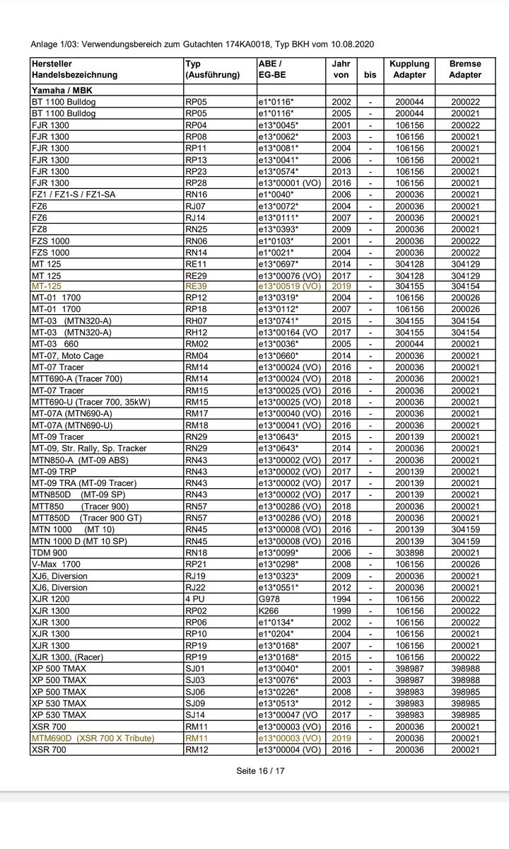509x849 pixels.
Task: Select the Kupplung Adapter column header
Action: (409, 69)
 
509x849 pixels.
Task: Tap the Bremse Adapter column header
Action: (465, 69)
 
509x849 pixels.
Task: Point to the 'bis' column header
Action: (370, 74)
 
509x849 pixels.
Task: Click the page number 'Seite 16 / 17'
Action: (260, 770)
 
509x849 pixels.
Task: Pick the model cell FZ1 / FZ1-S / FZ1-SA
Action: (74, 194)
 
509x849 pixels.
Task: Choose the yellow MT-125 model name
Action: (47, 286)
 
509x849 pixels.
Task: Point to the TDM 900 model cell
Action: (49, 553)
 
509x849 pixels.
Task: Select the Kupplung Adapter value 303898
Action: (409, 553)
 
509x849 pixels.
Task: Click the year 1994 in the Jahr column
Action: (341, 599)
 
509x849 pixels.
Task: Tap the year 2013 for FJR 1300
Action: (341, 171)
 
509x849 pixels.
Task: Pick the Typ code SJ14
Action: (195, 715)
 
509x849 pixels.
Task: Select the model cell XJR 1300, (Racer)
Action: (67, 657)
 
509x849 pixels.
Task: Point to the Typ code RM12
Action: (196, 749)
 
